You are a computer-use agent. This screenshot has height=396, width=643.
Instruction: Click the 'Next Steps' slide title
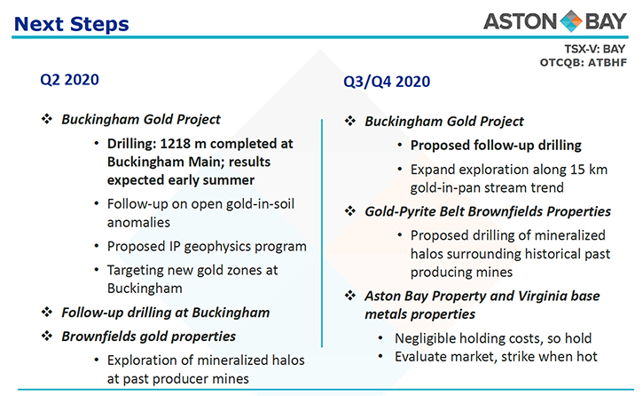[x=71, y=24]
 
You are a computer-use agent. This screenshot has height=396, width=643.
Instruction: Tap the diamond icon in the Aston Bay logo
[x=570, y=21]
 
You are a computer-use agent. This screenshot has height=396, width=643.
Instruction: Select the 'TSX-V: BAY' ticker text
[x=594, y=49]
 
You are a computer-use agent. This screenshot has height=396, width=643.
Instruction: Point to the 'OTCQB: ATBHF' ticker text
[x=583, y=62]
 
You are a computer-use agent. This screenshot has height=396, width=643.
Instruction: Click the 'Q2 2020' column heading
[x=69, y=80]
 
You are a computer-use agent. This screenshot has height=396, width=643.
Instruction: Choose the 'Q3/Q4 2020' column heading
[x=387, y=82]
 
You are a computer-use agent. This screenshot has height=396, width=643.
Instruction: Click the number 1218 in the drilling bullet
[x=176, y=144]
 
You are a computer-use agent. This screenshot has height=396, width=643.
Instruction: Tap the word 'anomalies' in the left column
[x=138, y=222]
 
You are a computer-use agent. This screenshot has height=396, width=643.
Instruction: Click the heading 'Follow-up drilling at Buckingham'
[x=165, y=313]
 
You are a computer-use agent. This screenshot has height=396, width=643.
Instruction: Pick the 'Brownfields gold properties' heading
[x=148, y=337]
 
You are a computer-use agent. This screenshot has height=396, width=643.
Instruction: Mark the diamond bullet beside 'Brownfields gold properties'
[x=47, y=337]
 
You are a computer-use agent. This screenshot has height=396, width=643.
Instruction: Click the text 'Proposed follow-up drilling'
[x=496, y=146]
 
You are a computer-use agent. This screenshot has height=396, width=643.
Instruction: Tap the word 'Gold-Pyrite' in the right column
[x=400, y=211]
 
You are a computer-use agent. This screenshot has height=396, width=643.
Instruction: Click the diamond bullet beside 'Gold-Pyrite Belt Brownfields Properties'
[x=350, y=211]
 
